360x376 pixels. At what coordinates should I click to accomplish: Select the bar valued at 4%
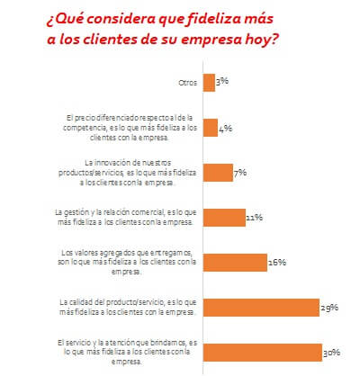click(x=211, y=128)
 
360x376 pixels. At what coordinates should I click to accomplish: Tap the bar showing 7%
click(x=219, y=172)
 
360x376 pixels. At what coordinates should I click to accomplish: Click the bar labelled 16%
click(x=236, y=262)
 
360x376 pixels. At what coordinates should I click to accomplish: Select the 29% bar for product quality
click(x=262, y=306)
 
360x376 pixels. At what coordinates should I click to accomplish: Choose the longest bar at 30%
click(x=264, y=351)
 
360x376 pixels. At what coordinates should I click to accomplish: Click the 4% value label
click(x=226, y=129)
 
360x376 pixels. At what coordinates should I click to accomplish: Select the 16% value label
click(x=276, y=263)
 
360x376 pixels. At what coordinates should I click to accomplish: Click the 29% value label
click(x=328, y=308)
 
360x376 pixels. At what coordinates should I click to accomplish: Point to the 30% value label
click(x=332, y=352)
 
